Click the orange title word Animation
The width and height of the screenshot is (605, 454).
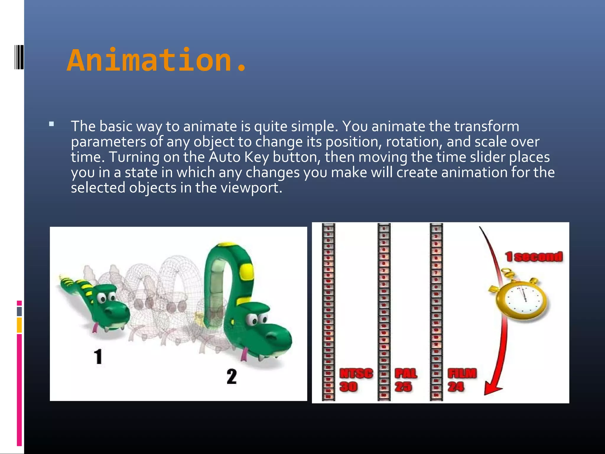click(157, 61)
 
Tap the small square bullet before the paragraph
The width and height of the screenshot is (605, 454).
click(52, 124)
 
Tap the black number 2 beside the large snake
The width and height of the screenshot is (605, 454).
click(232, 377)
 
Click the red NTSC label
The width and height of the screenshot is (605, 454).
click(356, 374)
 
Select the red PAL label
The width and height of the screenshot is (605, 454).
click(406, 374)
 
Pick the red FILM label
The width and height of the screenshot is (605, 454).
click(462, 374)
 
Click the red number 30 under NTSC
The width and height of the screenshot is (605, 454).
click(349, 387)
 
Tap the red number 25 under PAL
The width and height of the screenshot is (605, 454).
click(403, 387)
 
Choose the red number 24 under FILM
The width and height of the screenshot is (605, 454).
click(456, 387)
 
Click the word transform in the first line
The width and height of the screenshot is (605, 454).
click(487, 126)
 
